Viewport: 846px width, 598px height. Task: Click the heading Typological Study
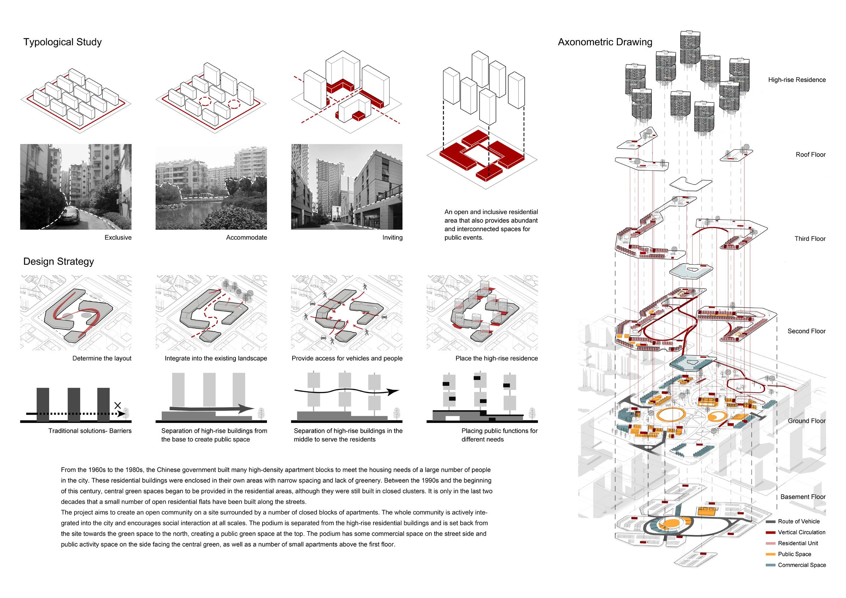point(62,42)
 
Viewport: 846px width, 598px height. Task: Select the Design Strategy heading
point(59,261)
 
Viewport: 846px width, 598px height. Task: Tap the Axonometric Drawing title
point(605,42)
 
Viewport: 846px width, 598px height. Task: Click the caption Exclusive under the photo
point(118,238)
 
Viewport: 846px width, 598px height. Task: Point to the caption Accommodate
point(247,238)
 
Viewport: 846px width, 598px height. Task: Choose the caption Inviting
point(392,238)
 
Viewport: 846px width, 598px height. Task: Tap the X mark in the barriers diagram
point(118,405)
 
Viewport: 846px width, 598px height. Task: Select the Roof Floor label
point(811,155)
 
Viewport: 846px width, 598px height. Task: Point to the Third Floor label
point(810,239)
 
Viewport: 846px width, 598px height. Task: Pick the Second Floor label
point(807,331)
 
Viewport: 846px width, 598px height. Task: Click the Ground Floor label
point(807,421)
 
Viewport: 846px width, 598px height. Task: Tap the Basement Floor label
point(803,497)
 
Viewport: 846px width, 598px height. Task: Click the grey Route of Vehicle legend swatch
point(770,522)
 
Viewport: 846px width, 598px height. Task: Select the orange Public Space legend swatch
point(770,554)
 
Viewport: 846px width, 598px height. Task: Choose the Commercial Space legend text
point(802,565)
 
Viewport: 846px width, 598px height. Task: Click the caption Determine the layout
point(102,358)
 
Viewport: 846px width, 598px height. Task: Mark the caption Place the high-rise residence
point(496,358)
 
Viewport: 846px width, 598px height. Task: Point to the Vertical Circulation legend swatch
point(770,533)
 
